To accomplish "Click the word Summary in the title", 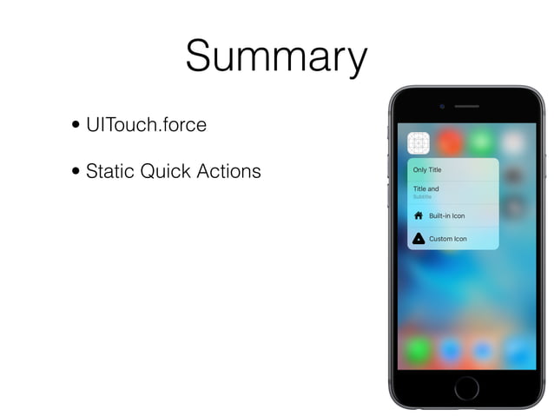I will point(276,57).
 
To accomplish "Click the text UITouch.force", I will point(147,125).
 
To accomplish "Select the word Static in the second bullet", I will point(112,171).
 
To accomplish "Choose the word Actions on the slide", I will point(228,171).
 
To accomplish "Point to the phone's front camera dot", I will point(441,106).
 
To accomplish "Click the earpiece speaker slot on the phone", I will point(466,106).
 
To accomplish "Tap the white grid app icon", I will point(419,142).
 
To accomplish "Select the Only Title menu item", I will point(427,169).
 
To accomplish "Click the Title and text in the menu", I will point(425,188).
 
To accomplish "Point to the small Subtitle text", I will point(422,197).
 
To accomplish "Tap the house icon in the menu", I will point(419,215).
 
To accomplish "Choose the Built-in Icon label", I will point(446,215).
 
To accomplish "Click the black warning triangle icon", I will point(419,238).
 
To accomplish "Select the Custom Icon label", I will point(447,238).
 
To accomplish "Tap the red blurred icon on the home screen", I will point(449,142).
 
